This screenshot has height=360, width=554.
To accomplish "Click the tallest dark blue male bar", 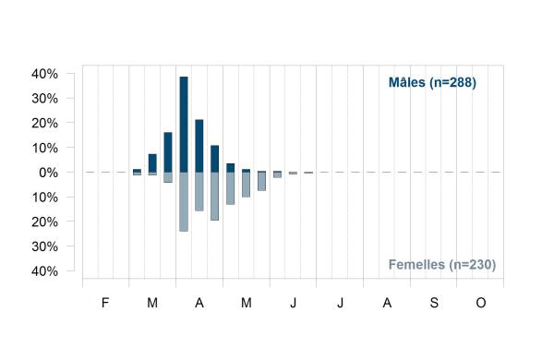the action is click(x=184, y=125).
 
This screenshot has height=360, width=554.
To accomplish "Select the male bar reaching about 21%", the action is click(x=199, y=146).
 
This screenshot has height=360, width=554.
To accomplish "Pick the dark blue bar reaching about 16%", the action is click(x=168, y=152).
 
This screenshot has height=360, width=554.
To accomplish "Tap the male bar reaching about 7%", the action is click(x=152, y=163).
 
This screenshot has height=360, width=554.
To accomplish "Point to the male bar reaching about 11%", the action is click(x=215, y=159).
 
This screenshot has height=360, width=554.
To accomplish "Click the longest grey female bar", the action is click(x=184, y=202).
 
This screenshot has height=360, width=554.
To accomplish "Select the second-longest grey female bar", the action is click(x=215, y=197).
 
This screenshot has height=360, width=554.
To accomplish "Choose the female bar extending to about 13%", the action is click(x=230, y=188).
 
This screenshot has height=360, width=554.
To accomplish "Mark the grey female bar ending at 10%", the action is click(x=246, y=185).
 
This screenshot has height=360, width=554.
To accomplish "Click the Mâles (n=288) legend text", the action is click(x=432, y=83).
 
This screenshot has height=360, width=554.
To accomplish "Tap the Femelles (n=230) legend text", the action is click(x=442, y=265).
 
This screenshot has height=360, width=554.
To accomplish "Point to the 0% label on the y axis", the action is click(x=48, y=173).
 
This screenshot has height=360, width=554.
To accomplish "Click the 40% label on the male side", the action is click(x=44, y=74).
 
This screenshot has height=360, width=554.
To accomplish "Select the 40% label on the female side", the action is click(x=44, y=271).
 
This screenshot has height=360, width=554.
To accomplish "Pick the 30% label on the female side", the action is click(x=44, y=246).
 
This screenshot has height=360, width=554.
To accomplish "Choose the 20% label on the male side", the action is click(x=44, y=124).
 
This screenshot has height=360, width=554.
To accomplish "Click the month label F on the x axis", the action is click(x=105, y=303).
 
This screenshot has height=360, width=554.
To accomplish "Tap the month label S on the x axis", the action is click(x=434, y=303).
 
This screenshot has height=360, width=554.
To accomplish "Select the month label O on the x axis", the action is click(x=481, y=303).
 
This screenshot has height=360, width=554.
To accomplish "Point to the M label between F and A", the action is click(x=152, y=303).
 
